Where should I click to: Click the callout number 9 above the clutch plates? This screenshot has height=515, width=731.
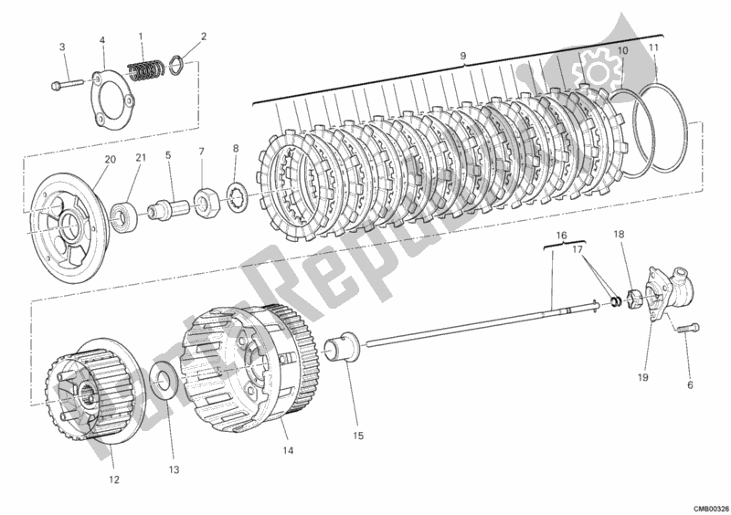[463, 57]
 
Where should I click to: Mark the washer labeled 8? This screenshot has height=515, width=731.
[235, 193]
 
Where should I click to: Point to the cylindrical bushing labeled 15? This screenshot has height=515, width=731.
[344, 349]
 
